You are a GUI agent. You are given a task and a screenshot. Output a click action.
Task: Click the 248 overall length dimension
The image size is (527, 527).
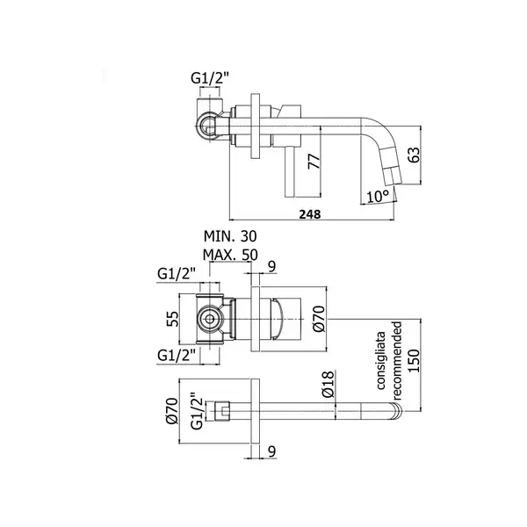(x=310, y=214)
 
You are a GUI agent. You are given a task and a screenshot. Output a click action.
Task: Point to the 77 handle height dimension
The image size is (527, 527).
(x=314, y=162)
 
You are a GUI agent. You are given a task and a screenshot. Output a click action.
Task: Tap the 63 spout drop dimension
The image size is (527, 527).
(x=415, y=155)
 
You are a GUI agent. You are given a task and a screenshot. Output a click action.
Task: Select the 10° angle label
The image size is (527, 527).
(x=378, y=196)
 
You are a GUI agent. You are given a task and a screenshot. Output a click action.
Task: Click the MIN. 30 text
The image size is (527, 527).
(x=230, y=236)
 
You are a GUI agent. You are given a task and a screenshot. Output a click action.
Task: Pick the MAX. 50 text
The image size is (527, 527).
(x=230, y=255)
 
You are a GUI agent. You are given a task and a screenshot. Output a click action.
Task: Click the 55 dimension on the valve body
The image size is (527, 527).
(x=173, y=319)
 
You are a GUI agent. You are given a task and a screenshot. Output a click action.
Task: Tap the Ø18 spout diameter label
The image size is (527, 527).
(x=328, y=384)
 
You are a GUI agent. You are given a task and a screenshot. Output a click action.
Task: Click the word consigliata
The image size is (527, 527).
(x=381, y=361)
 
